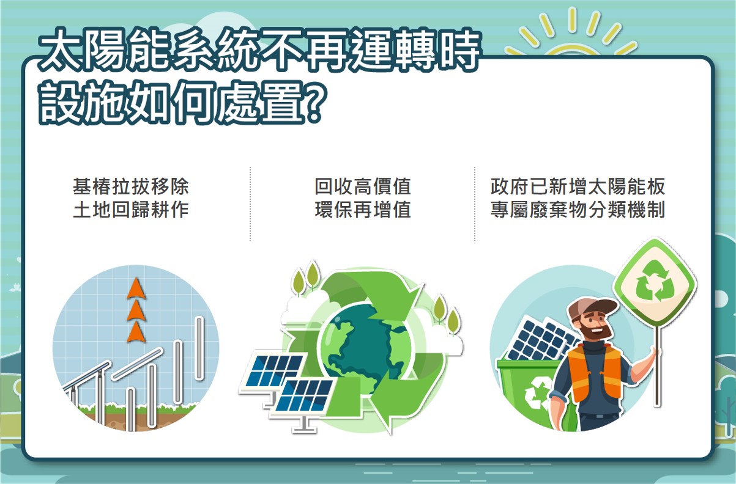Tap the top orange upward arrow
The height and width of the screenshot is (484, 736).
[136, 288]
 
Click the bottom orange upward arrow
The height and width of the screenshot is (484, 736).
[136, 332]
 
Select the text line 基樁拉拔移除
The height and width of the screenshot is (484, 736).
[131, 186]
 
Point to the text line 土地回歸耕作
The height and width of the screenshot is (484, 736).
[131, 210]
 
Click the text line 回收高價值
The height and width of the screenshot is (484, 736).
[363, 186]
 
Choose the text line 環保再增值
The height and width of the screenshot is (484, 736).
[363, 210]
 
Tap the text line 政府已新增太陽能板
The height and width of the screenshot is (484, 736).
[578, 186]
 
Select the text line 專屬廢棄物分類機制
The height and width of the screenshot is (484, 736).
[578, 210]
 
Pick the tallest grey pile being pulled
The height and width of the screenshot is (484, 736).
[199, 348]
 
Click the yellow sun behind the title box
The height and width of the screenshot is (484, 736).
[571, 36]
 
